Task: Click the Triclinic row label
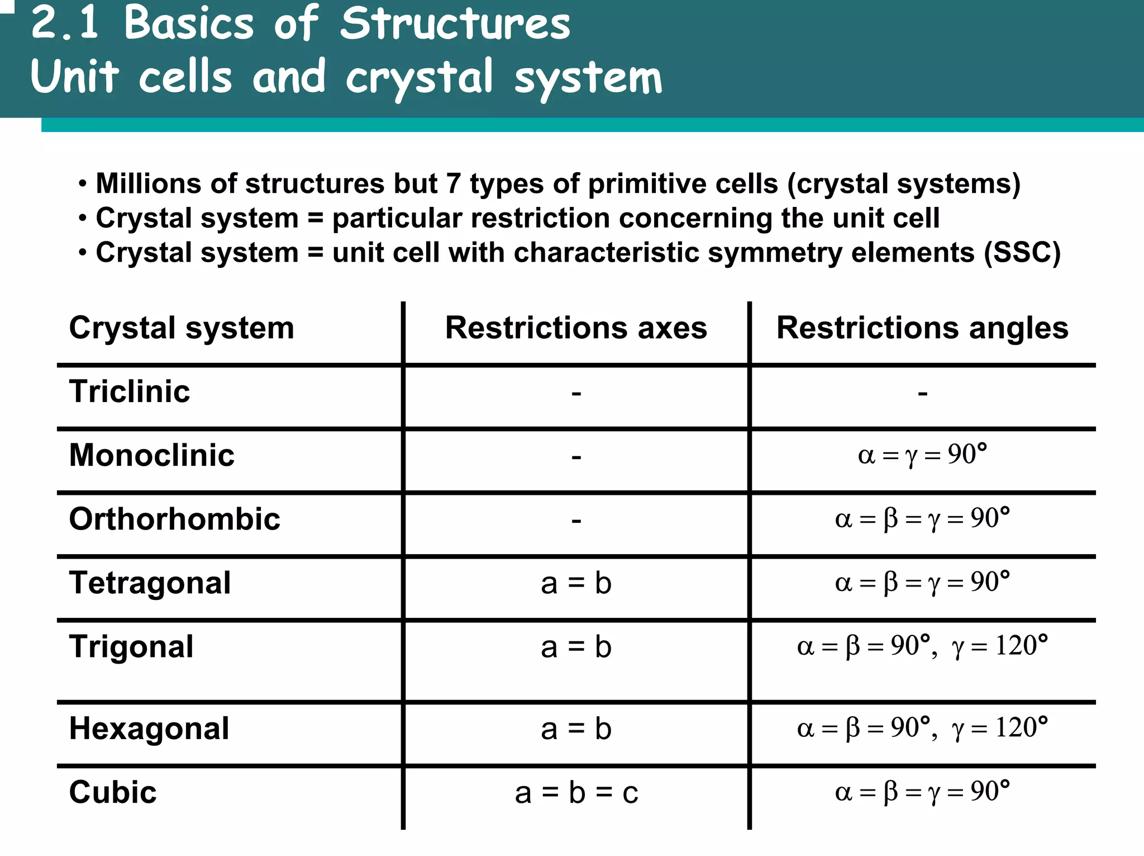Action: pos(130,391)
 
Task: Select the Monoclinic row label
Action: pos(151,455)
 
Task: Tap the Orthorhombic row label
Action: pos(174,519)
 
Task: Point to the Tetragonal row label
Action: pos(150,583)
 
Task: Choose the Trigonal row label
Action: pos(131,647)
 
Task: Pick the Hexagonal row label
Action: pos(149,729)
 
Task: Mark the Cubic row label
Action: pos(113,792)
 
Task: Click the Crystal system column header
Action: pos(182,328)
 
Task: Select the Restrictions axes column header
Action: pos(576,328)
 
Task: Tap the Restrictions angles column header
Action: pos(922,328)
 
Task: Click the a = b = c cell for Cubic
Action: pos(576,793)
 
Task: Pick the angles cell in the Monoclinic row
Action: pos(922,455)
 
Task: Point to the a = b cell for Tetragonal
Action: pos(576,584)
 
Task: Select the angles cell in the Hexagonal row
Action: pos(922,728)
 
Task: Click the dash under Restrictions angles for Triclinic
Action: pos(923,394)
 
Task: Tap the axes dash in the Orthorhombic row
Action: pos(576,521)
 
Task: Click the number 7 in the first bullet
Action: pos(453,183)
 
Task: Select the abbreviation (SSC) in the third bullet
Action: pos(1022,253)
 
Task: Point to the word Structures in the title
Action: pos(455,25)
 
